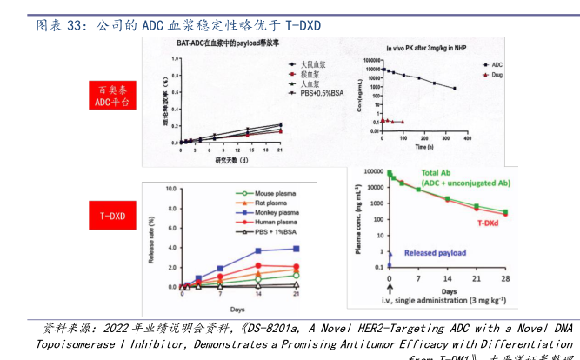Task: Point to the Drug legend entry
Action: [497, 76]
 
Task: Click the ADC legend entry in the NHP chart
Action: [497, 64]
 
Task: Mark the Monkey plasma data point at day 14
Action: [258, 251]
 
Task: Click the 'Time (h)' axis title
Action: [424, 148]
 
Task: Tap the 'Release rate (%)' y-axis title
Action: [152, 236]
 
